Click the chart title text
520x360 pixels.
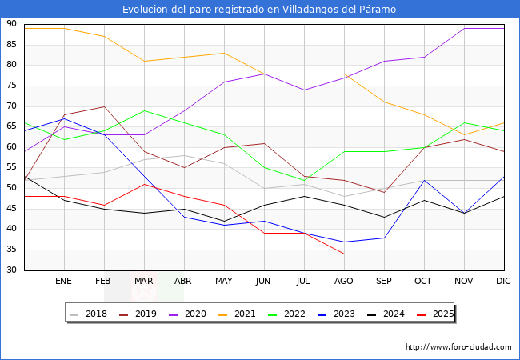click(x=259, y=10)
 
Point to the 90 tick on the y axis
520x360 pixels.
click(x=11, y=24)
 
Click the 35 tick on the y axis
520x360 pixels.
click(x=11, y=250)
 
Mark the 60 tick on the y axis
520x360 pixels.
click(x=11, y=147)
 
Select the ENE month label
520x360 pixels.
click(x=64, y=282)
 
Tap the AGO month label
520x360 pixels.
click(x=344, y=282)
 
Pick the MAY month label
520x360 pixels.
click(x=224, y=282)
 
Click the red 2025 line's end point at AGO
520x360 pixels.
click(x=344, y=254)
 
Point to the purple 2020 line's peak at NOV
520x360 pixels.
click(x=464, y=28)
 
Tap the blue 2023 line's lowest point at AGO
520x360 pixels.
click(x=344, y=242)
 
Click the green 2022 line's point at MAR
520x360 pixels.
click(x=144, y=110)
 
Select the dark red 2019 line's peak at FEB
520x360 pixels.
click(x=104, y=106)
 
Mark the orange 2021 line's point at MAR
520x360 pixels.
click(x=144, y=61)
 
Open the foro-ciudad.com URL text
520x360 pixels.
click(x=458, y=347)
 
